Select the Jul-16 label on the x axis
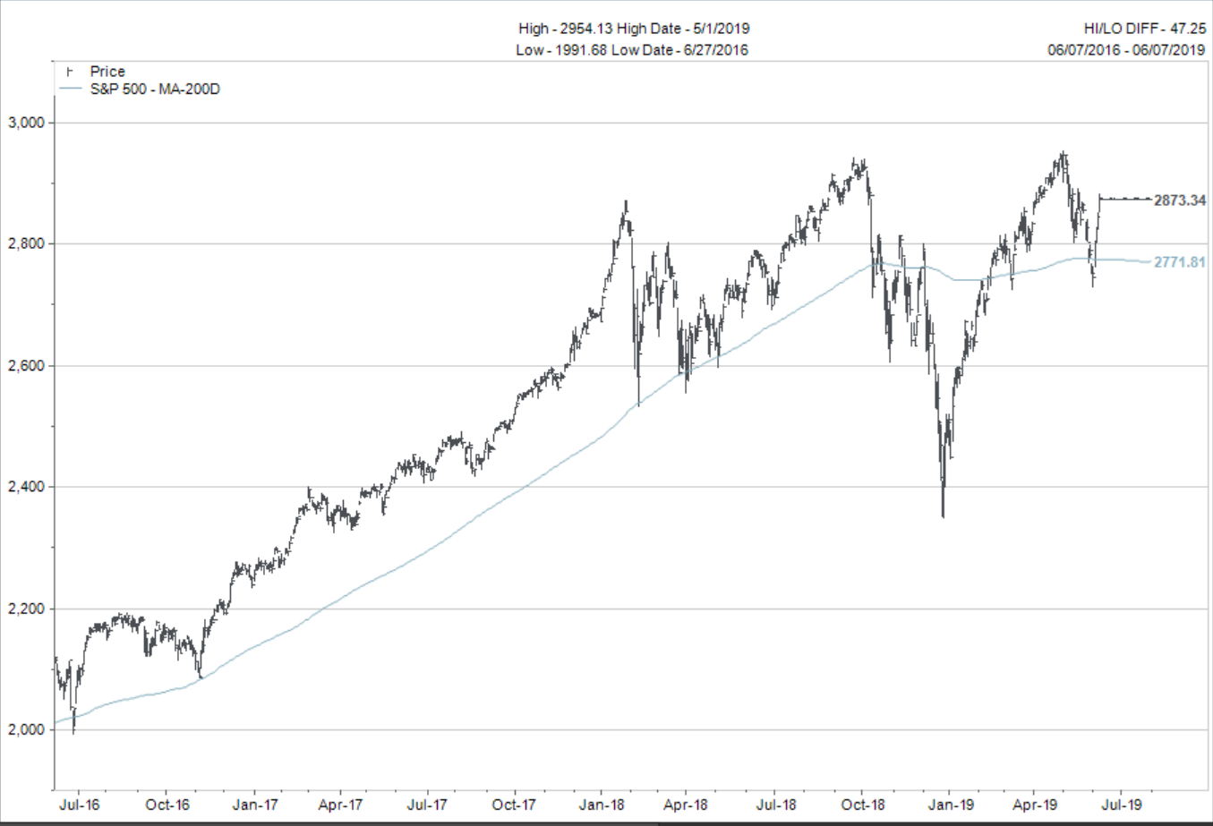(80, 805)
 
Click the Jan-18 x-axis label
(602, 805)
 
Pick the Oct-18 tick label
(863, 805)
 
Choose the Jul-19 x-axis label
(1121, 805)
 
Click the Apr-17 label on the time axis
(341, 805)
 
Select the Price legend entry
(107, 72)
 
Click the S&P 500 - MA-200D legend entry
(155, 89)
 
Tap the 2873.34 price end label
(1179, 200)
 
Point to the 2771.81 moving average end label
(1179, 263)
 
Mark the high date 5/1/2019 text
(721, 29)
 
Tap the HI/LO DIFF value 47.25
(1188, 29)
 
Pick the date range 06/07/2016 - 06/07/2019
(1126, 50)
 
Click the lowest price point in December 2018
(944, 515)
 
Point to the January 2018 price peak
(627, 202)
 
